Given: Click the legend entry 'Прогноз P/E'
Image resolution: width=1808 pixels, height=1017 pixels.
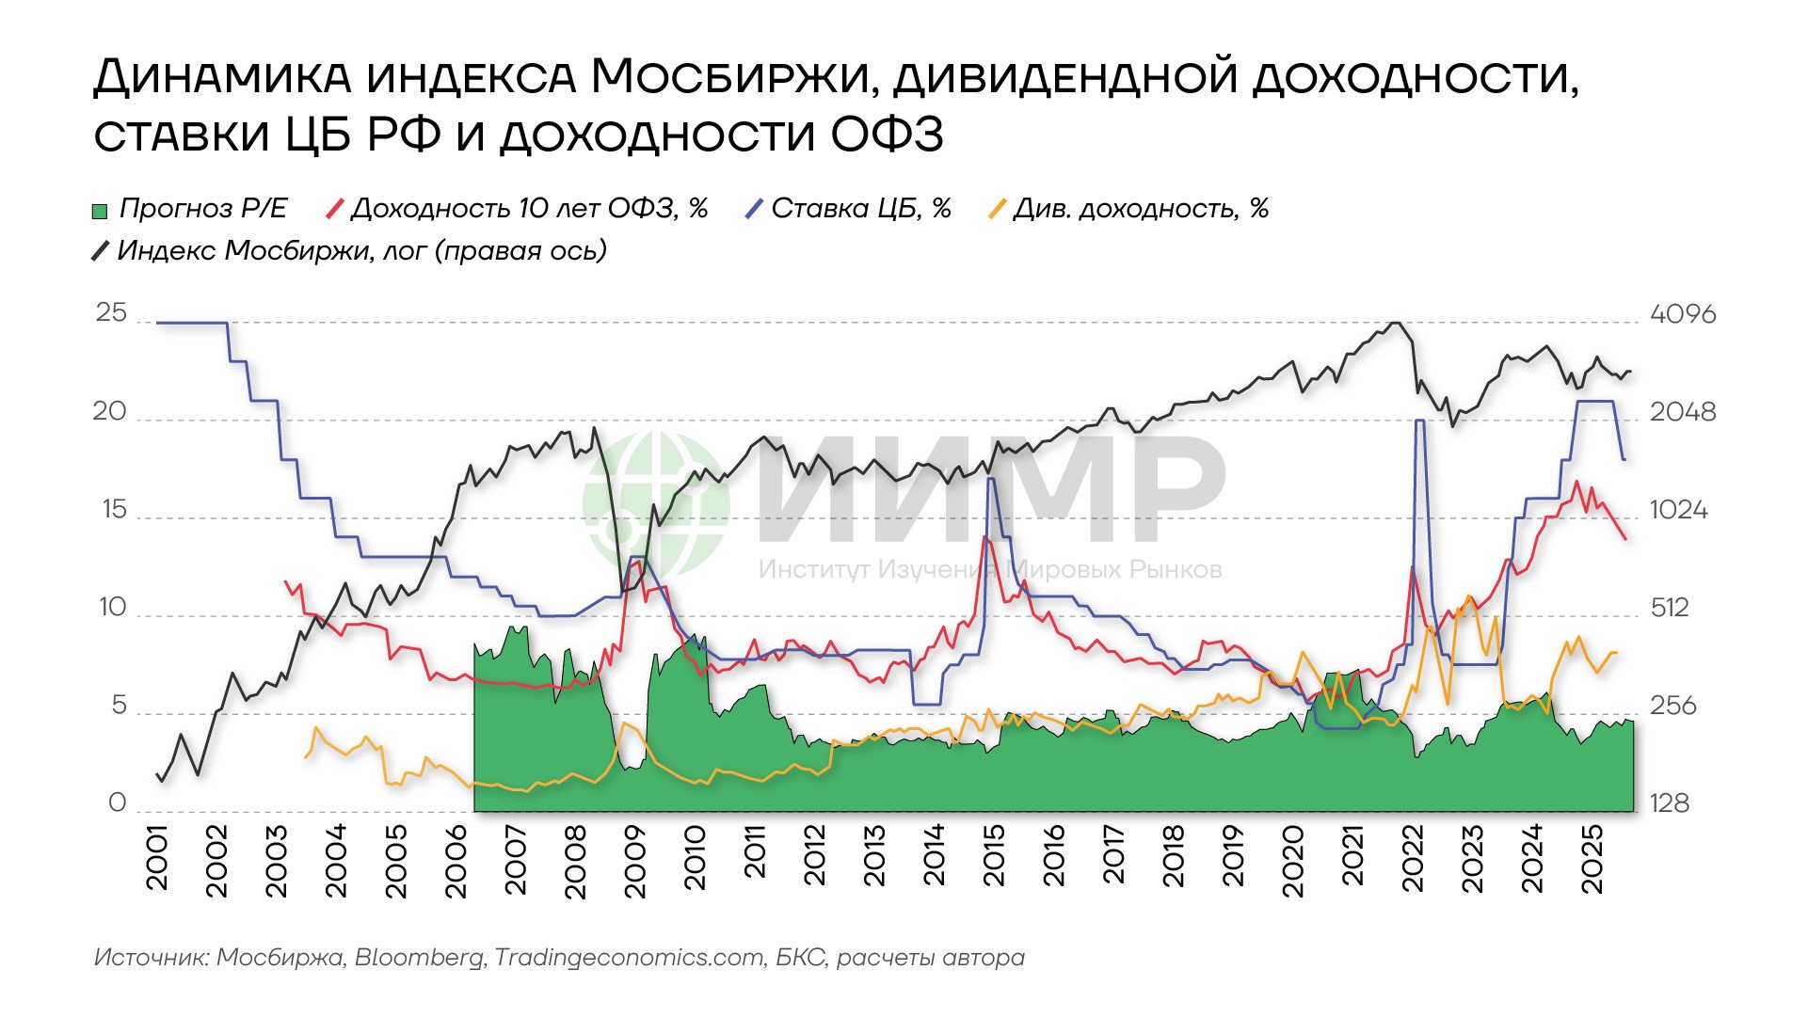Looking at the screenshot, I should coord(188,209).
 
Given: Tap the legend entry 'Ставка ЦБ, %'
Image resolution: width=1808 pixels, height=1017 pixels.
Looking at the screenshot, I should coord(847,209).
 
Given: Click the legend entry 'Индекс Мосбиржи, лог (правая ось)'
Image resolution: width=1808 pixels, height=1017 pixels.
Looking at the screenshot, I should coord(349,251).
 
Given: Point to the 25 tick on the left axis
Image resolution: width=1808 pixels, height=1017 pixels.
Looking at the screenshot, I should coord(111,313).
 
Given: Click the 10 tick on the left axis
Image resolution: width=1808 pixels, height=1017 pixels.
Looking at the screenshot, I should coord(112,608).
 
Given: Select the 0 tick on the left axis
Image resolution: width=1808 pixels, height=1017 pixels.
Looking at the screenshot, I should coord(117,803).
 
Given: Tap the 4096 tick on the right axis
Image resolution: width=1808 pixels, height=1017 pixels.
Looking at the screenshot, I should coord(1683,314).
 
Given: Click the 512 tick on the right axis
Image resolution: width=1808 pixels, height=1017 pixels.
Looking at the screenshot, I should coord(1670,608).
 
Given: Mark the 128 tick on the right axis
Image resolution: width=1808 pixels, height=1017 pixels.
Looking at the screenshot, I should coord(1670,803).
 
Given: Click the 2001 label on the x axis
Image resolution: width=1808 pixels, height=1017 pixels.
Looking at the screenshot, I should coord(157,858).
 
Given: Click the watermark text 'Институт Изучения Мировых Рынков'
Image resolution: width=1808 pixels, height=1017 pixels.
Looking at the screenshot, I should coord(990,569).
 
